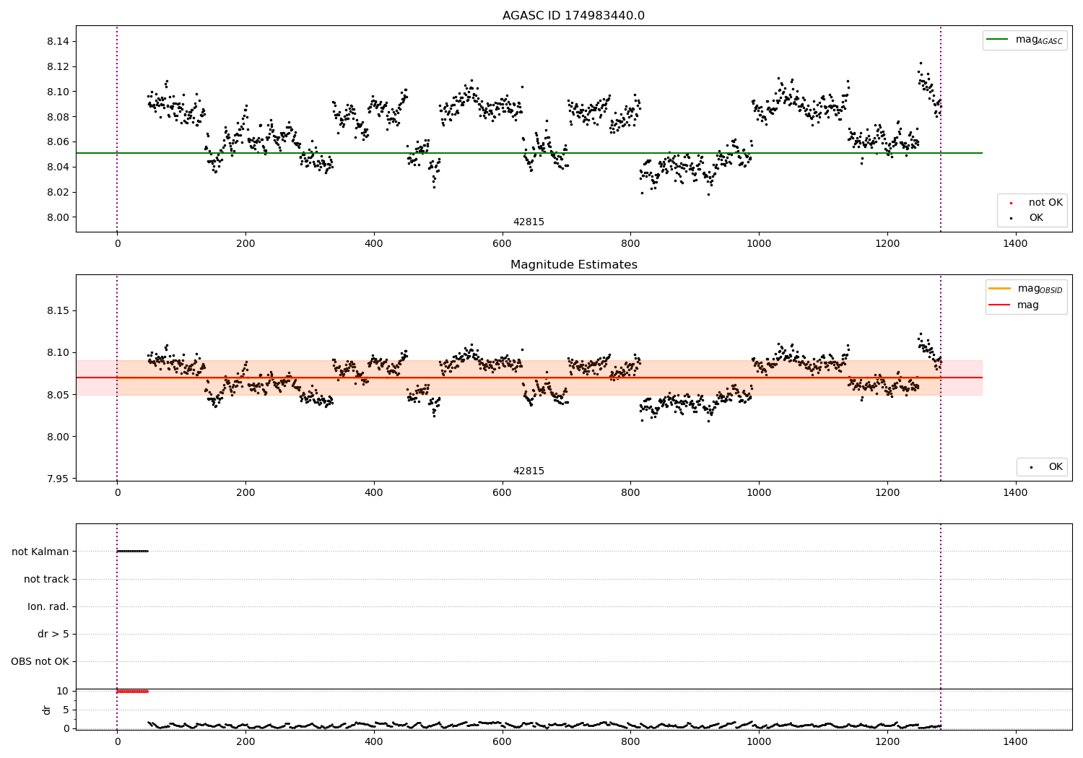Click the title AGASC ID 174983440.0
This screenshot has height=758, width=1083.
[x=573, y=16]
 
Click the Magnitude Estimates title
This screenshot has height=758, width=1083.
[x=573, y=265]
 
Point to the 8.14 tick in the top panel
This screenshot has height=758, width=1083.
[x=58, y=42]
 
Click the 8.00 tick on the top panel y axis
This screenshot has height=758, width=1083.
[x=58, y=217]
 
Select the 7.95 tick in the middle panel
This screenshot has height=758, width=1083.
[x=58, y=479]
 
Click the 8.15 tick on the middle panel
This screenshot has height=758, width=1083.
[x=58, y=311]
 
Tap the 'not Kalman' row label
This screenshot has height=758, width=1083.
[x=40, y=552]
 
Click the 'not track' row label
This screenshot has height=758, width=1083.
[x=46, y=579]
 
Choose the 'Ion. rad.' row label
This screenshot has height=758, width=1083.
[x=48, y=606]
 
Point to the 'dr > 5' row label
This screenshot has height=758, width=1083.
[x=53, y=634]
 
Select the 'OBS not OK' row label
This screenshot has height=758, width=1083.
[x=40, y=661]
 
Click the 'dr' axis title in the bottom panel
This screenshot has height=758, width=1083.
[x=47, y=710]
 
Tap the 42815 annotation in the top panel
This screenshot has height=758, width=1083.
[x=529, y=222]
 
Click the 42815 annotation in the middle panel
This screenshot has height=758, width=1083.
[x=529, y=471]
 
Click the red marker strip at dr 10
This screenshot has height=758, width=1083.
[x=132, y=692]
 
